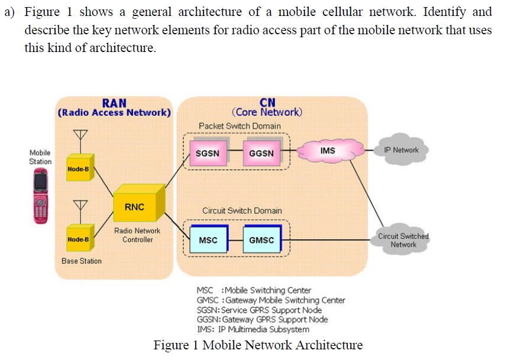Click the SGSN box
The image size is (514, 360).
pos(208,153)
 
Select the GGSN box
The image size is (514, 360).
pos(261,153)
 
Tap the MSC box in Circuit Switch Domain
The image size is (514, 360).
pos(208,240)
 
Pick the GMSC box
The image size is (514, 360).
pos(261,240)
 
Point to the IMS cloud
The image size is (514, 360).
pos(329,151)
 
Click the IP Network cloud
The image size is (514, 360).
pos(401,150)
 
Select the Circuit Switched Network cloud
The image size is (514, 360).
pos(403,240)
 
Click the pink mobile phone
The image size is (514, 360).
pos(40,197)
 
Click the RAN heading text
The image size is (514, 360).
pos(114,103)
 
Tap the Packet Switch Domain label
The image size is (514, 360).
pos(240,126)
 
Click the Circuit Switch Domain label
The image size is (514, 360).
pos(242,210)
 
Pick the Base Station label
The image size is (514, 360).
pos(82,261)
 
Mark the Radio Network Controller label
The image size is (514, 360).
pos(137,235)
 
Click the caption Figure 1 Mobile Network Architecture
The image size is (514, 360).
pos(258,345)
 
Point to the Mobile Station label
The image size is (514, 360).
pos(40,157)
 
